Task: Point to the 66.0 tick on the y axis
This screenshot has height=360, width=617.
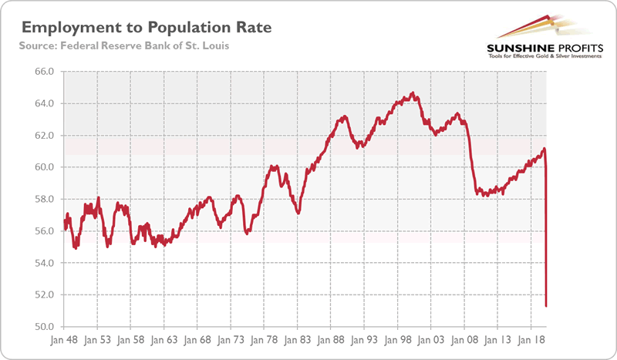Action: coord(43,72)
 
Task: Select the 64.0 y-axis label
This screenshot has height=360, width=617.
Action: coord(43,103)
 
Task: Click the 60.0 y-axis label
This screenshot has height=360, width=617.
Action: coord(43,167)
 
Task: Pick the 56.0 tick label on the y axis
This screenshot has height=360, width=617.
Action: coord(43,231)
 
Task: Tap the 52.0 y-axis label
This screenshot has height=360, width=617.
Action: coord(43,294)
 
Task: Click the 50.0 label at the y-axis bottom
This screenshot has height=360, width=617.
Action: coord(43,327)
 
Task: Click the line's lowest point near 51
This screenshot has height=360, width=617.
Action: coord(546,306)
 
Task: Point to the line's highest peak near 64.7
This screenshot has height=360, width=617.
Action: coord(413,93)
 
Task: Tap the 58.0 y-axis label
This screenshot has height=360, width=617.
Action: coord(43,199)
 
